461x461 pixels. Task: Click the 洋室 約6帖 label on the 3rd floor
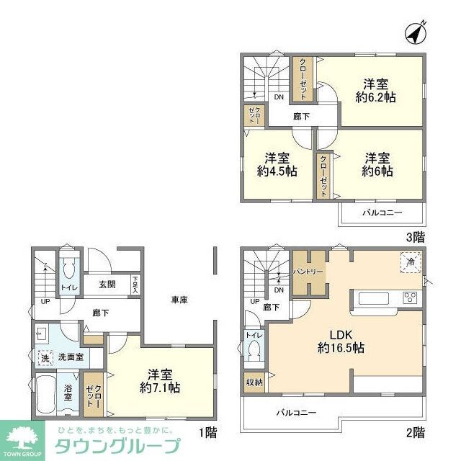click(x=378, y=164)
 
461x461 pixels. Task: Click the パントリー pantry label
click(x=308, y=272)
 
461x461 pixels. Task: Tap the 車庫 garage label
click(x=179, y=299)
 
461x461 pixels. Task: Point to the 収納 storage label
click(x=254, y=382)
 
